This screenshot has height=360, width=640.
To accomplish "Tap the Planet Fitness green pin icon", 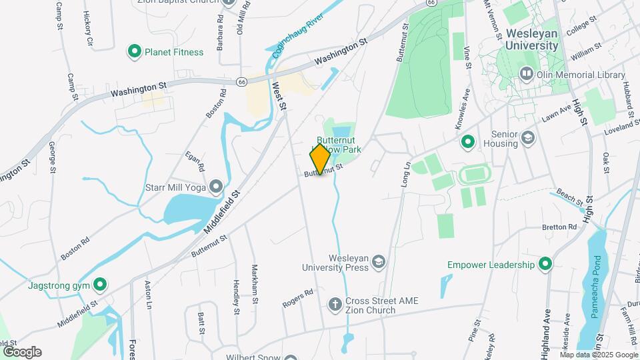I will (x=135, y=51).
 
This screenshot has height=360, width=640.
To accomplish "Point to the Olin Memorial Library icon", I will (x=527, y=74).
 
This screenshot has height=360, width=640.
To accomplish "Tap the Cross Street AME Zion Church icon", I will (x=335, y=305).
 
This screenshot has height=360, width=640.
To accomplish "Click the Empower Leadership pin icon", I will (x=545, y=265).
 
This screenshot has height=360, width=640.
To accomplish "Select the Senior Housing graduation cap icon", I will (x=529, y=138).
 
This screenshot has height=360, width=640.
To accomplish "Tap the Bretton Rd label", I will (x=559, y=227).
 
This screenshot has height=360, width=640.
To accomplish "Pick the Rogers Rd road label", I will (x=297, y=298).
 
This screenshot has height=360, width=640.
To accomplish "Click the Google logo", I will (x=22, y=352).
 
